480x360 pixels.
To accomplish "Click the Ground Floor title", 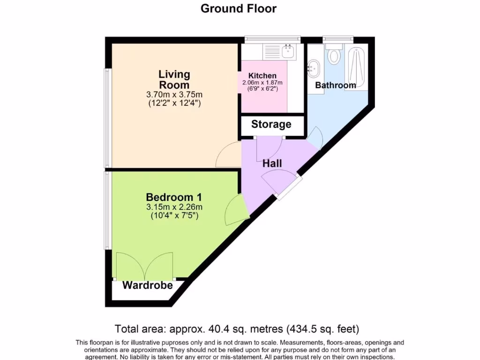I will click(239, 8).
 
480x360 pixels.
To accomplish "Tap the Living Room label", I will click(174, 79).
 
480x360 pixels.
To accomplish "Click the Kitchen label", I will click(262, 76).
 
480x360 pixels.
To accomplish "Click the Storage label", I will click(271, 124).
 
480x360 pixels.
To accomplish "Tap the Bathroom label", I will click(335, 85).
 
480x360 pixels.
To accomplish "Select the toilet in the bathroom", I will click(334, 55).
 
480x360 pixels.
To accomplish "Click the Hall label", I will click(272, 163).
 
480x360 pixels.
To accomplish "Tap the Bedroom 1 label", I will click(173, 197).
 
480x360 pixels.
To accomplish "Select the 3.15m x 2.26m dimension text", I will click(174, 207).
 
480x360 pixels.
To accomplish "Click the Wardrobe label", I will click(147, 285).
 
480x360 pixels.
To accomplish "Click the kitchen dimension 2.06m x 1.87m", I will click(265, 83).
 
